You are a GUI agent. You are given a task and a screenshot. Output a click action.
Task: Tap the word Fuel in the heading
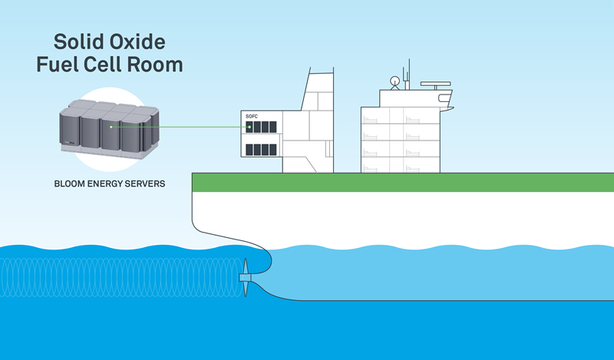tap(60, 64)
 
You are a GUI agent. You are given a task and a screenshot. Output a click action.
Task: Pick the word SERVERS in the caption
tap(151, 184)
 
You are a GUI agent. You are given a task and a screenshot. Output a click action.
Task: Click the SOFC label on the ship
tap(252, 116)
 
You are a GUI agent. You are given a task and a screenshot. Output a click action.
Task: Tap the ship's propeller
tap(246, 276)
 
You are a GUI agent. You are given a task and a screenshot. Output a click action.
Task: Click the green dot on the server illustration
tap(111, 127)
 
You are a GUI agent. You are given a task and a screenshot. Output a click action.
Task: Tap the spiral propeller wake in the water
tap(115, 276)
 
